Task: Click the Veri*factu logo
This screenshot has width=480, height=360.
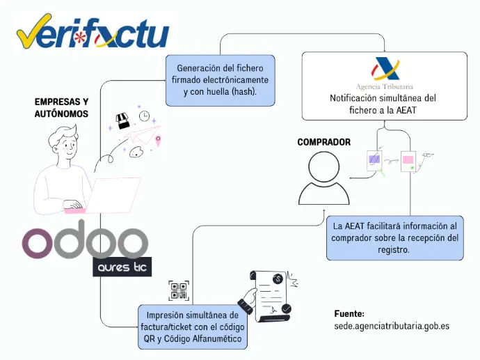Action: [93, 32]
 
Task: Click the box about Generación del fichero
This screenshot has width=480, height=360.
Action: [220, 79]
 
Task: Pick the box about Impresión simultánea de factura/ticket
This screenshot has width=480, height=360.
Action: [193, 327]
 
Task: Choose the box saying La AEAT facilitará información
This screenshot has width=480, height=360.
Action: [394, 237]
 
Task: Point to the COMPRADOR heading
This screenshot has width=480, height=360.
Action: [323, 143]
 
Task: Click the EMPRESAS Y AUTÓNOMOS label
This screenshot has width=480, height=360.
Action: [61, 107]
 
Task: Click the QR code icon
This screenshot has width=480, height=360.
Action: [179, 290]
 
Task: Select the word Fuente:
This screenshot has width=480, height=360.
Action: [349, 314]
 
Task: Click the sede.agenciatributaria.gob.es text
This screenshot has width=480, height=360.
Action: [392, 326]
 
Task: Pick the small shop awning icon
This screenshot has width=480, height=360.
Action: [123, 121]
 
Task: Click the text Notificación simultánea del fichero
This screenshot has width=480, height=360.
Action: [383, 104]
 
